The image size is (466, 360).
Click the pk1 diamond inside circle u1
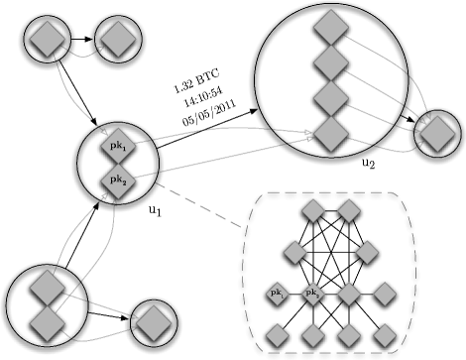[x=117, y=147]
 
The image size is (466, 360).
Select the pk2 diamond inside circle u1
[x=117, y=180]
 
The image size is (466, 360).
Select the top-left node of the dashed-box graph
[x=312, y=209]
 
